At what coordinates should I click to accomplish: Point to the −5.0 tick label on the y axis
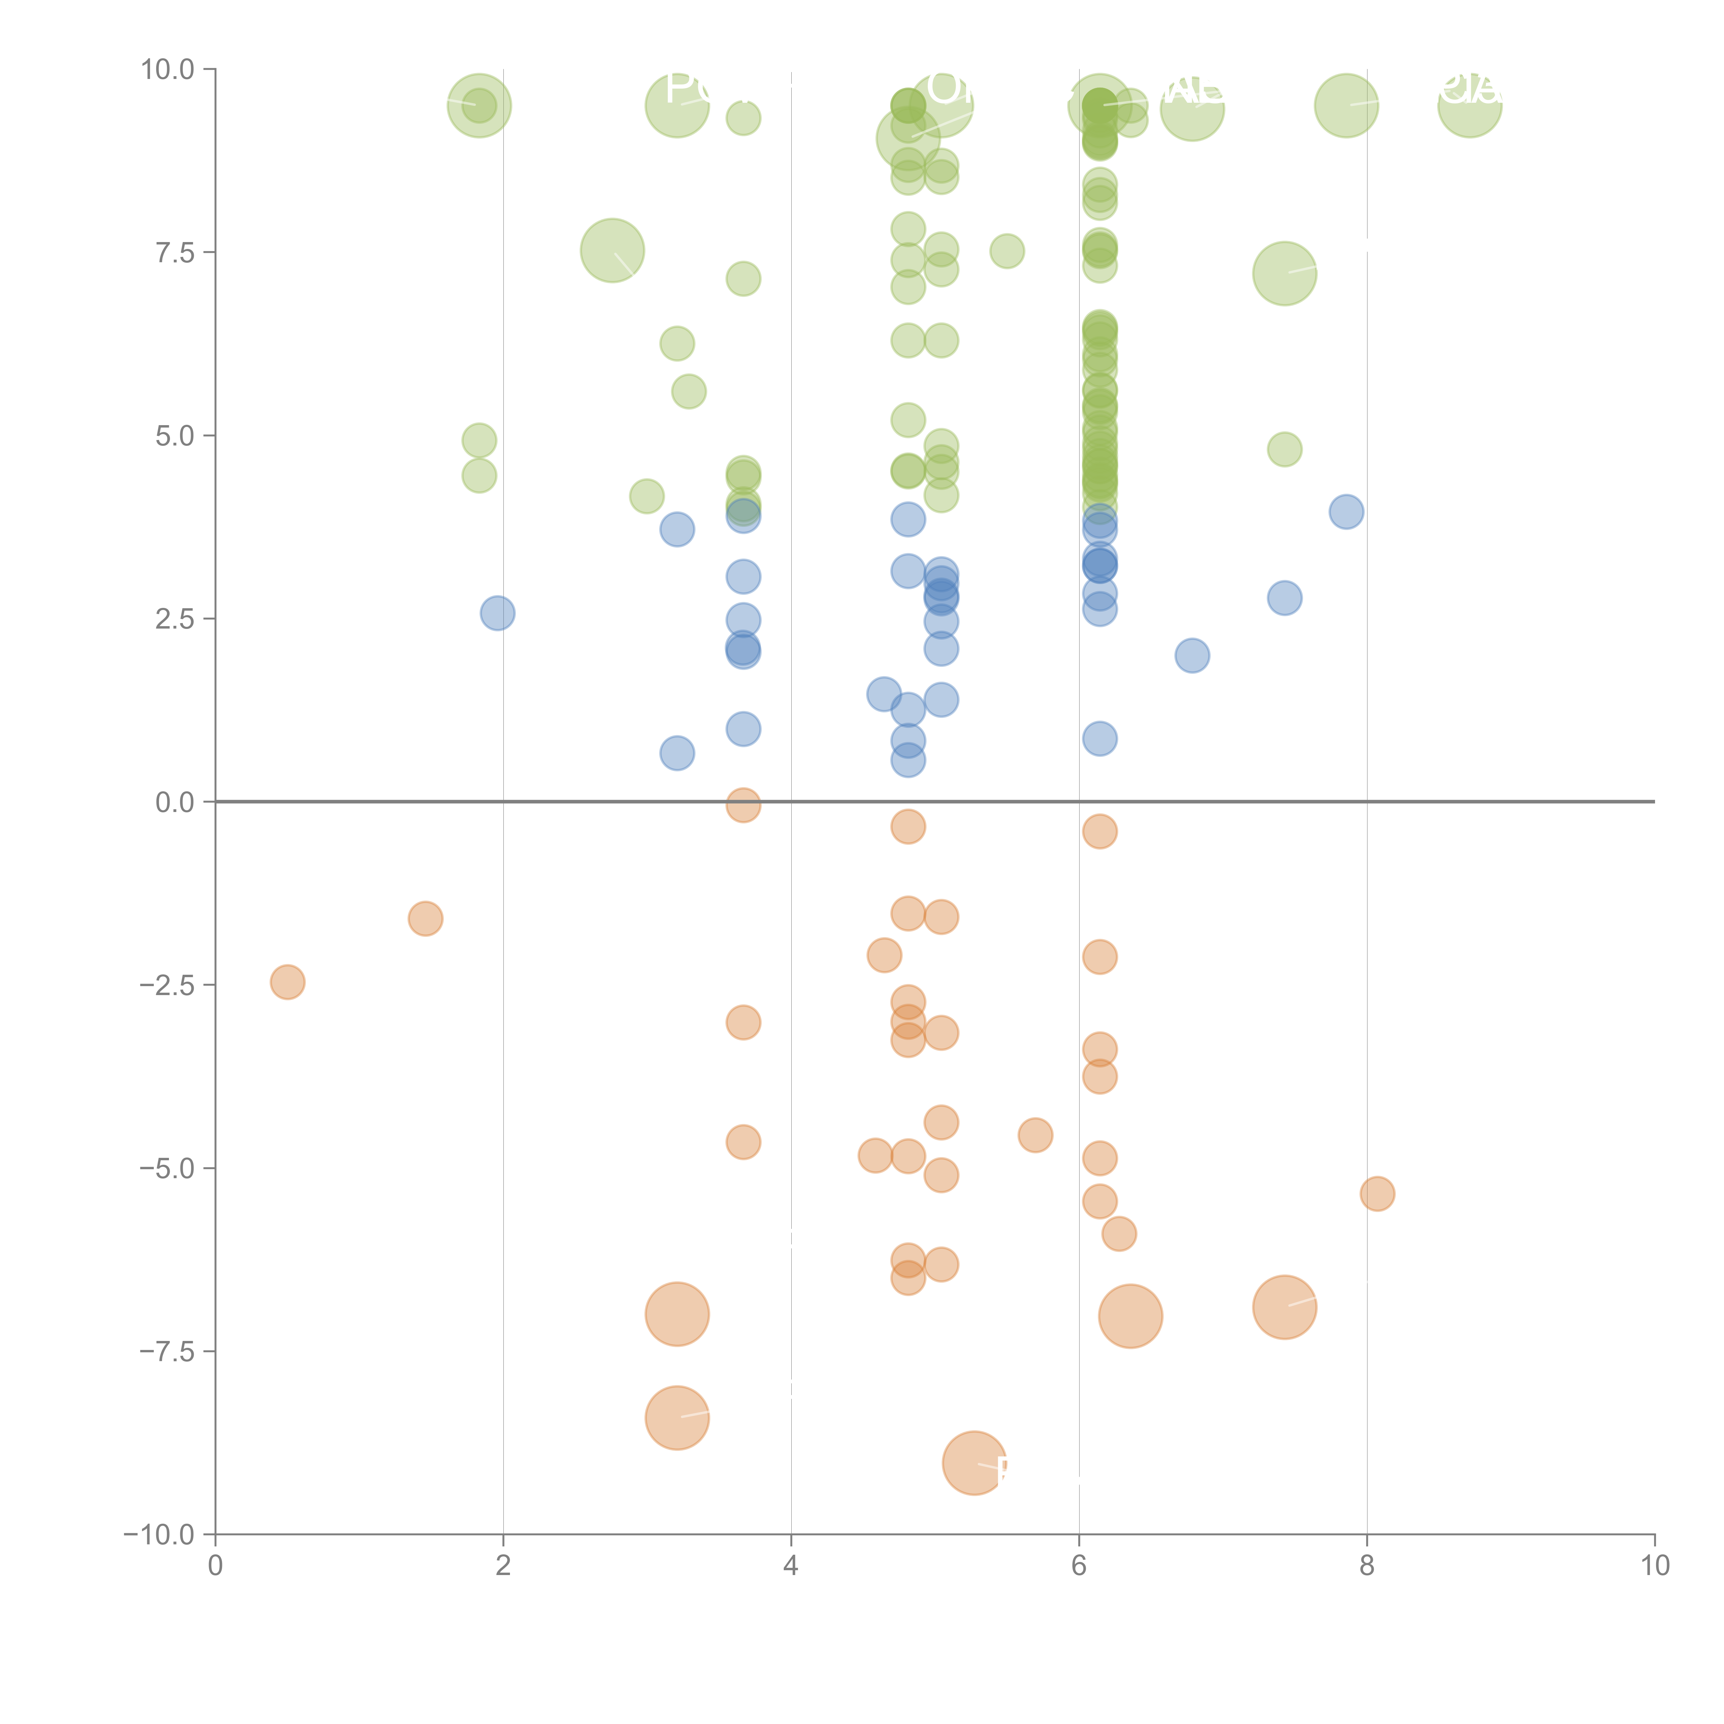click(167, 1168)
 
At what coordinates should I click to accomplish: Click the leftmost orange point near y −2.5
click(287, 982)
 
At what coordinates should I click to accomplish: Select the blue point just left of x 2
click(497, 613)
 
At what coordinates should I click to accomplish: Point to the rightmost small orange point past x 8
click(1377, 1194)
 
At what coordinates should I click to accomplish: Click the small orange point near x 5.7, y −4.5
click(1035, 1135)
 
